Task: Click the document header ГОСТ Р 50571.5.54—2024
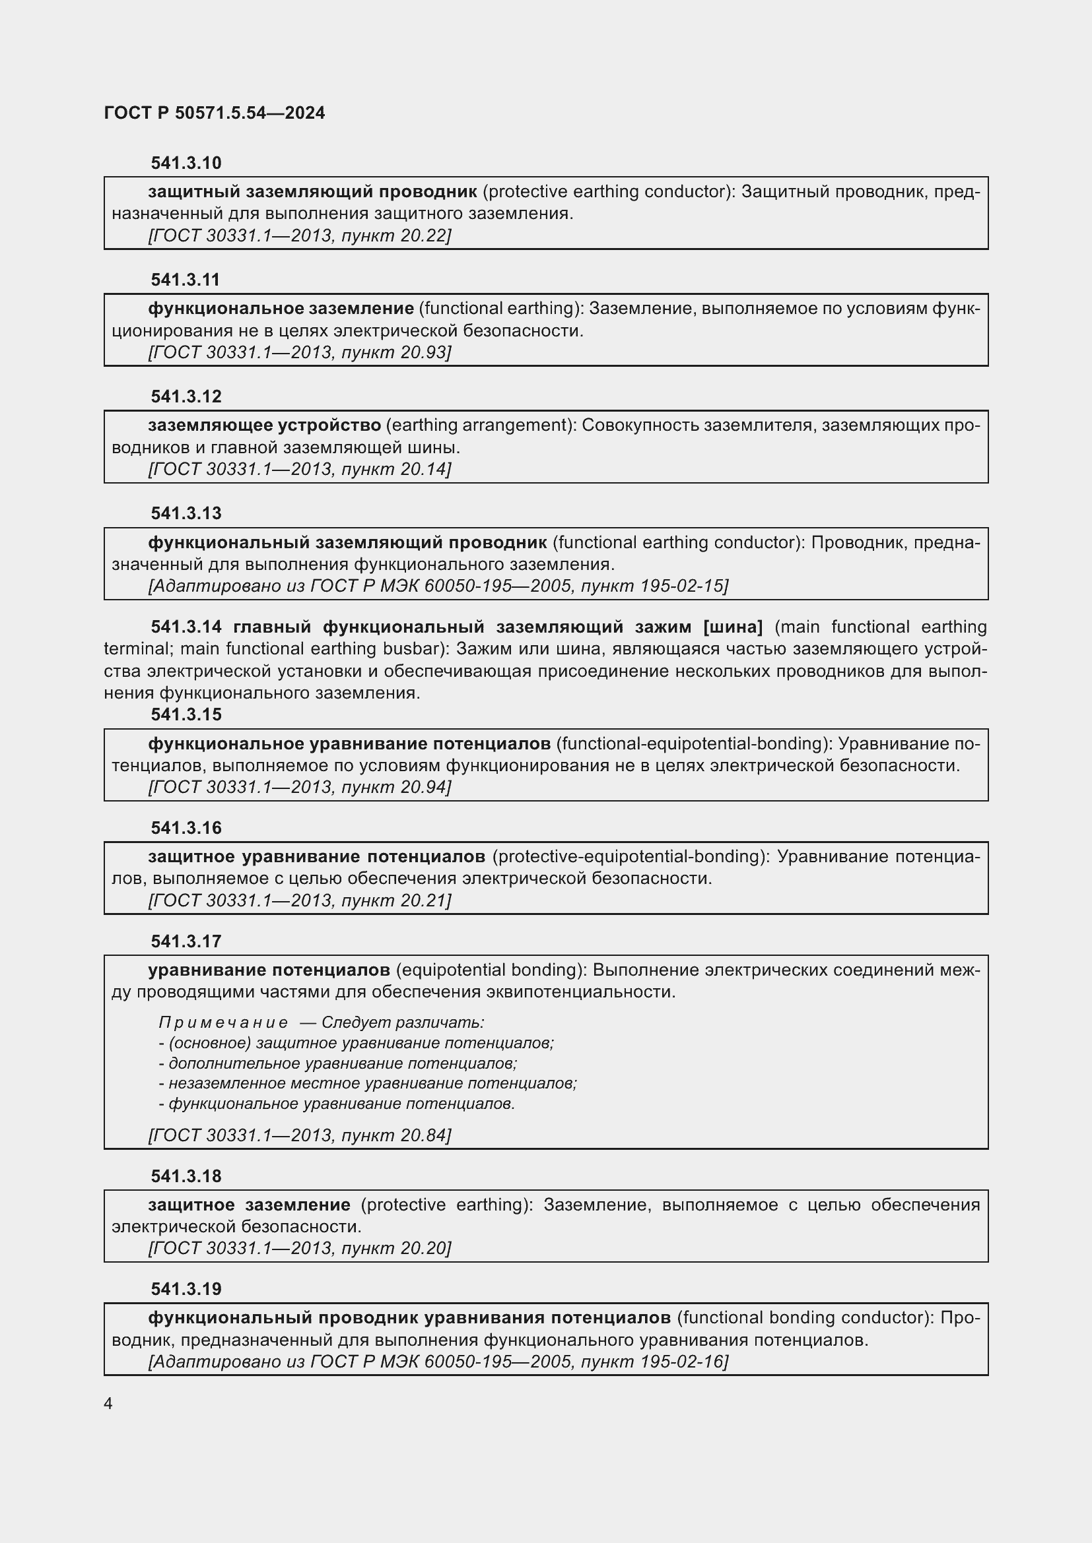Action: click(x=215, y=113)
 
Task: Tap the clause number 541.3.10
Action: click(x=186, y=164)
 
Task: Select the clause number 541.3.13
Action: click(x=186, y=513)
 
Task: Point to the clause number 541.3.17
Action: click(x=186, y=941)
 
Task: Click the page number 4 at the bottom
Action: click(x=108, y=1403)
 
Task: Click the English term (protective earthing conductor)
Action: click(x=609, y=192)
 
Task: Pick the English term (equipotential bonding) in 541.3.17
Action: click(x=492, y=970)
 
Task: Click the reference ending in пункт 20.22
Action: click(x=299, y=236)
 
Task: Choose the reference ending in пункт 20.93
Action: click(x=299, y=352)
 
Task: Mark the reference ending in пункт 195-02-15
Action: click(x=438, y=586)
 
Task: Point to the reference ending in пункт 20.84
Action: click(x=299, y=1135)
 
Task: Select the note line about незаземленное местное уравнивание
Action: click(x=368, y=1083)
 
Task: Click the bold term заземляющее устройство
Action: click(x=264, y=425)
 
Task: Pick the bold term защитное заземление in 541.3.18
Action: click(x=249, y=1205)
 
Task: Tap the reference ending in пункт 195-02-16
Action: click(x=438, y=1362)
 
